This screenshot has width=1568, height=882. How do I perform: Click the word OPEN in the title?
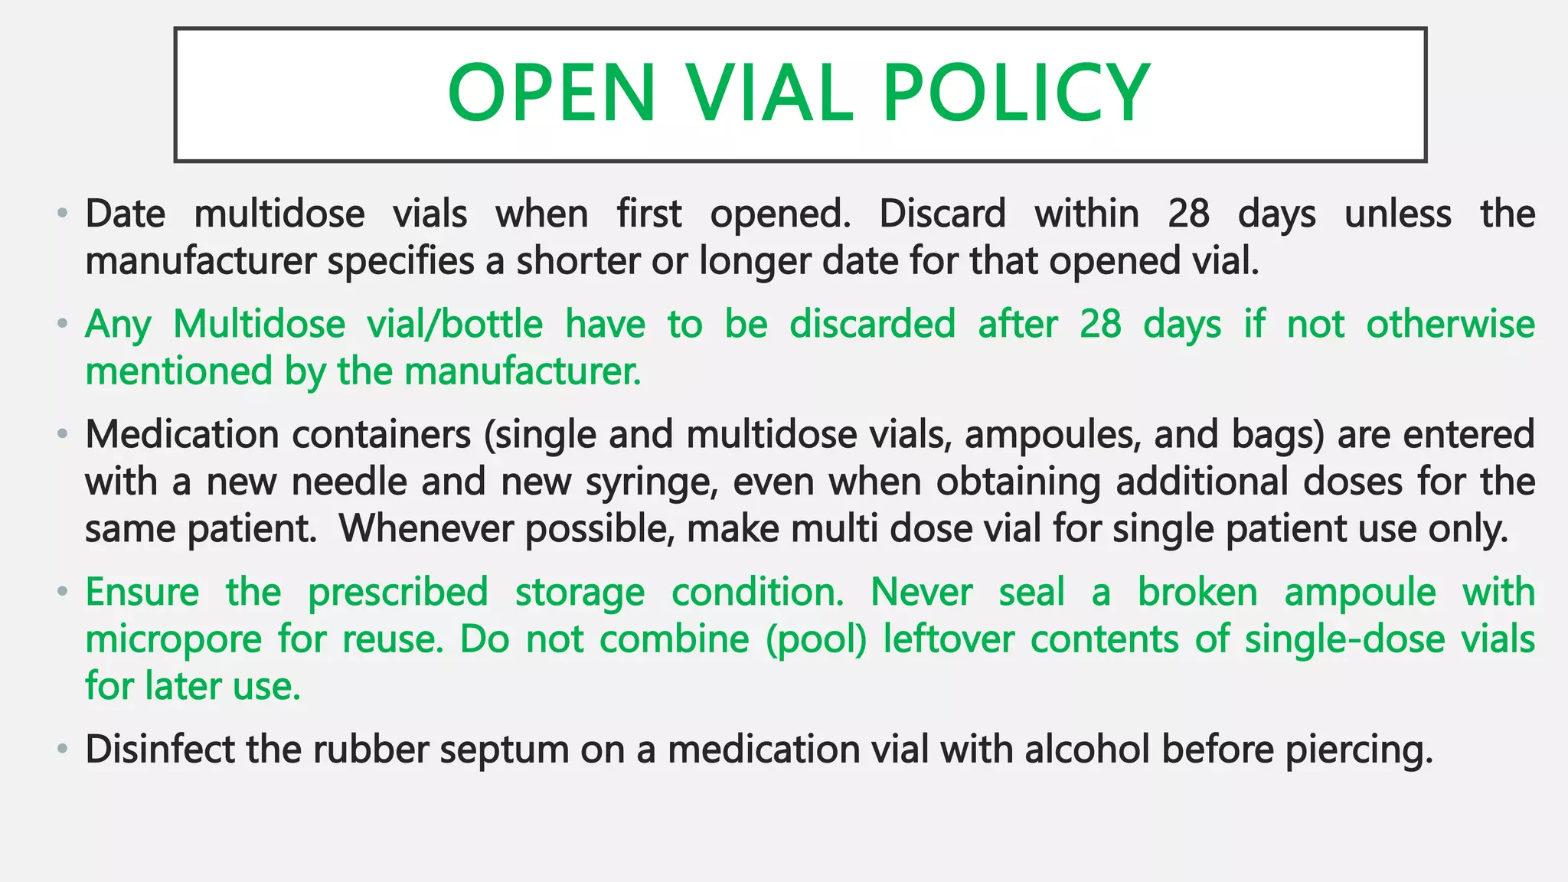click(x=551, y=93)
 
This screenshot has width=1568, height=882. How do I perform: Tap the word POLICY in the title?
click(x=1016, y=93)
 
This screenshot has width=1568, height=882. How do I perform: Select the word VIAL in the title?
click(x=769, y=93)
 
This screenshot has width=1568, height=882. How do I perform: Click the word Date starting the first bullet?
click(x=125, y=214)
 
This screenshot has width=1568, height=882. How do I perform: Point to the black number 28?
click(x=1188, y=214)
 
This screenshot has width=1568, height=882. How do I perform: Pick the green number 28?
click(x=1100, y=324)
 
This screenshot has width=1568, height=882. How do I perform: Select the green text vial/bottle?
click(x=455, y=324)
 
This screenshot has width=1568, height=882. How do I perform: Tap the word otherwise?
click(x=1450, y=324)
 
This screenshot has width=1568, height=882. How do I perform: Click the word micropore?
click(x=174, y=639)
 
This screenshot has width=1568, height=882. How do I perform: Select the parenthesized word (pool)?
click(x=816, y=639)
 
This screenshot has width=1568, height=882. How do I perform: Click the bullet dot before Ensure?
click(x=62, y=592)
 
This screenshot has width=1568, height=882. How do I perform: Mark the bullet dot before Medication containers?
click(x=62, y=435)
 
